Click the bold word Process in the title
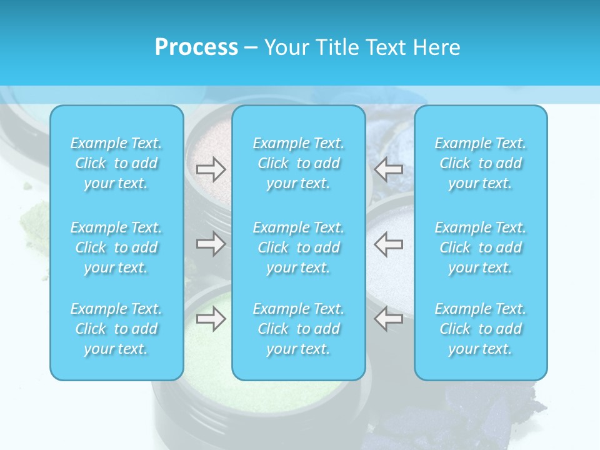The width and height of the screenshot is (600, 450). pyautogui.click(x=196, y=47)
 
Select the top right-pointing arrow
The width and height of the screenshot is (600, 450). pyautogui.click(x=211, y=169)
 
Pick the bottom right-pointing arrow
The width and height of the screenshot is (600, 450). pyautogui.click(x=211, y=319)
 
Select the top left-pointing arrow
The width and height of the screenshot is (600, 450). pyautogui.click(x=389, y=169)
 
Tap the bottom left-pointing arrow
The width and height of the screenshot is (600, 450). pyautogui.click(x=389, y=319)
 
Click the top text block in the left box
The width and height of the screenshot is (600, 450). pyautogui.click(x=116, y=163)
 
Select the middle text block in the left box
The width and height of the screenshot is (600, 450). pyautogui.click(x=116, y=247)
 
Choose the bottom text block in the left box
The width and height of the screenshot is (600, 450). pyautogui.click(x=116, y=329)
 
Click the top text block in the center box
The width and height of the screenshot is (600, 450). pyautogui.click(x=299, y=163)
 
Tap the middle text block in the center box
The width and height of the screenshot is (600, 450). pyautogui.click(x=299, y=247)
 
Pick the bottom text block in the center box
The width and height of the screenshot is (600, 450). pyautogui.click(x=299, y=329)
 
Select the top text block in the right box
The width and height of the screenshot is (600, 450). pyautogui.click(x=481, y=163)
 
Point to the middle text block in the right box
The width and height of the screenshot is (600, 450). pyautogui.click(x=481, y=247)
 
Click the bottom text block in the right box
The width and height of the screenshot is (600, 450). pyautogui.click(x=481, y=329)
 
